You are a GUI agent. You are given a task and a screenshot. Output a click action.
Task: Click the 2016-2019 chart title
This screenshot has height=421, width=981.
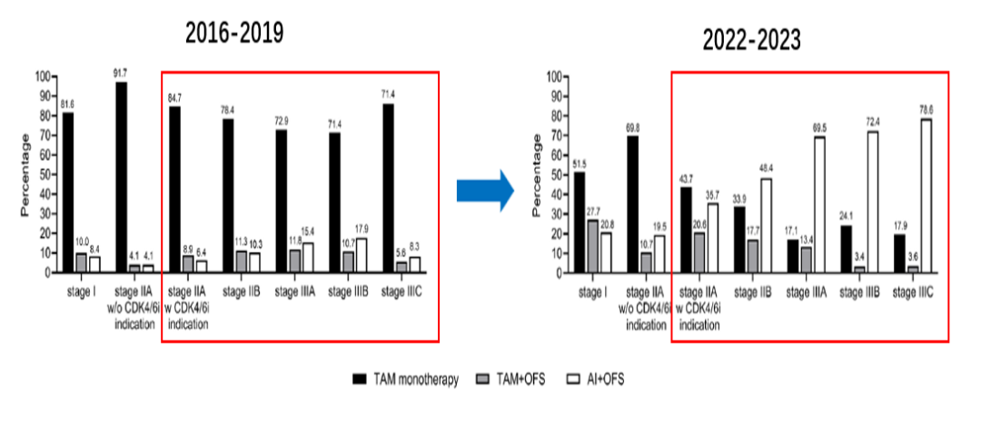[x=234, y=34]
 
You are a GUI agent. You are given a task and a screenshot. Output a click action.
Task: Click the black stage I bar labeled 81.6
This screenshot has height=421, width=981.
[x=68, y=191]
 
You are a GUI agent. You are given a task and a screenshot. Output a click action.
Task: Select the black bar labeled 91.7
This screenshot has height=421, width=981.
[x=120, y=177]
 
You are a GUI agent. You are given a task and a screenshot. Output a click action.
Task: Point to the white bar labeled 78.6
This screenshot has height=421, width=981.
[x=927, y=195]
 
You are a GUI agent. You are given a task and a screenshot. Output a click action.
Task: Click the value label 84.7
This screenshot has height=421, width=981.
[x=174, y=98]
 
